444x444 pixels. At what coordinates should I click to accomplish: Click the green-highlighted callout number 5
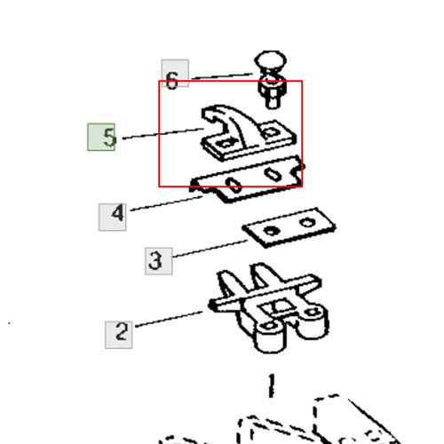click(101, 137)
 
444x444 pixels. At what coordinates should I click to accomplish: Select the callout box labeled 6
click(175, 73)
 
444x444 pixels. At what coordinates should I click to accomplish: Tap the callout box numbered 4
click(112, 217)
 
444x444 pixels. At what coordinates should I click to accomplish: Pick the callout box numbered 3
click(159, 261)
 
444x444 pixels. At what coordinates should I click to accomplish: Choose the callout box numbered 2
click(119, 335)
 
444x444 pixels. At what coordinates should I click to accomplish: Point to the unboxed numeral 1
click(271, 385)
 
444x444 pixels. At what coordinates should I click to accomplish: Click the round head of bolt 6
click(270, 60)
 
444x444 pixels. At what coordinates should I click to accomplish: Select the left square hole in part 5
click(226, 144)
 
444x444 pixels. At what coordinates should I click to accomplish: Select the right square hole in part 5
click(270, 132)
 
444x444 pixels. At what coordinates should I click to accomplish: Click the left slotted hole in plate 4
click(234, 185)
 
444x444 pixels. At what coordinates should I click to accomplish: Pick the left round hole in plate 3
click(271, 230)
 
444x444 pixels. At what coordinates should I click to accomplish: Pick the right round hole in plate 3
click(306, 222)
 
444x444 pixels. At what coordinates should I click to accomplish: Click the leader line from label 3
click(210, 249)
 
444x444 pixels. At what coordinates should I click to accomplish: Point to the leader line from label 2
click(169, 319)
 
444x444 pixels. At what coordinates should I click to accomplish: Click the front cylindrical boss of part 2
click(270, 337)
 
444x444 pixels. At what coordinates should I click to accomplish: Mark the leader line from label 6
click(223, 76)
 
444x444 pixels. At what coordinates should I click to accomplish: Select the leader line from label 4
click(166, 203)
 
